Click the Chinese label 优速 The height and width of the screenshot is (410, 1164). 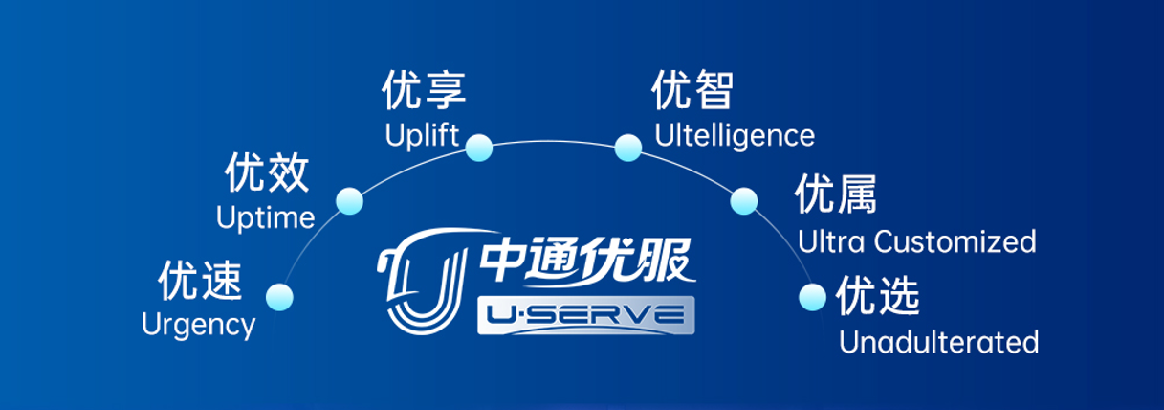click(200, 283)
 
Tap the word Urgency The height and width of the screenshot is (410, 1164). click(198, 325)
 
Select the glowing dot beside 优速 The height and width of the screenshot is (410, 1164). click(279, 297)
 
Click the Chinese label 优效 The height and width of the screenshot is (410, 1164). click(267, 174)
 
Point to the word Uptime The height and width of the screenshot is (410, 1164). click(265, 217)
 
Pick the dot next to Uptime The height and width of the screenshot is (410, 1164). click(349, 201)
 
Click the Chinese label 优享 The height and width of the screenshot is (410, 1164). click(424, 90)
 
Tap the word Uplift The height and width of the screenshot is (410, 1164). click(423, 134)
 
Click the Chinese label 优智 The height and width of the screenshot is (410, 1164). click(692, 91)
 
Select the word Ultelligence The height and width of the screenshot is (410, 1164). click(735, 135)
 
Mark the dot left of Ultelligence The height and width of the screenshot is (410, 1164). click(627, 148)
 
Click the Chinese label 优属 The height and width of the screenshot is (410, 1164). click(835, 195)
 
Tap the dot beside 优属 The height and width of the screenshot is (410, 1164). click(744, 201)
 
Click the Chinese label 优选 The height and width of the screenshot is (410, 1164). click(878, 296)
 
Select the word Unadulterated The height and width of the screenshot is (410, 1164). click(938, 342)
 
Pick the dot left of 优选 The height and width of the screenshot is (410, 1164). click(812, 297)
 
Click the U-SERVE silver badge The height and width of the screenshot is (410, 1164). click(585, 315)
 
